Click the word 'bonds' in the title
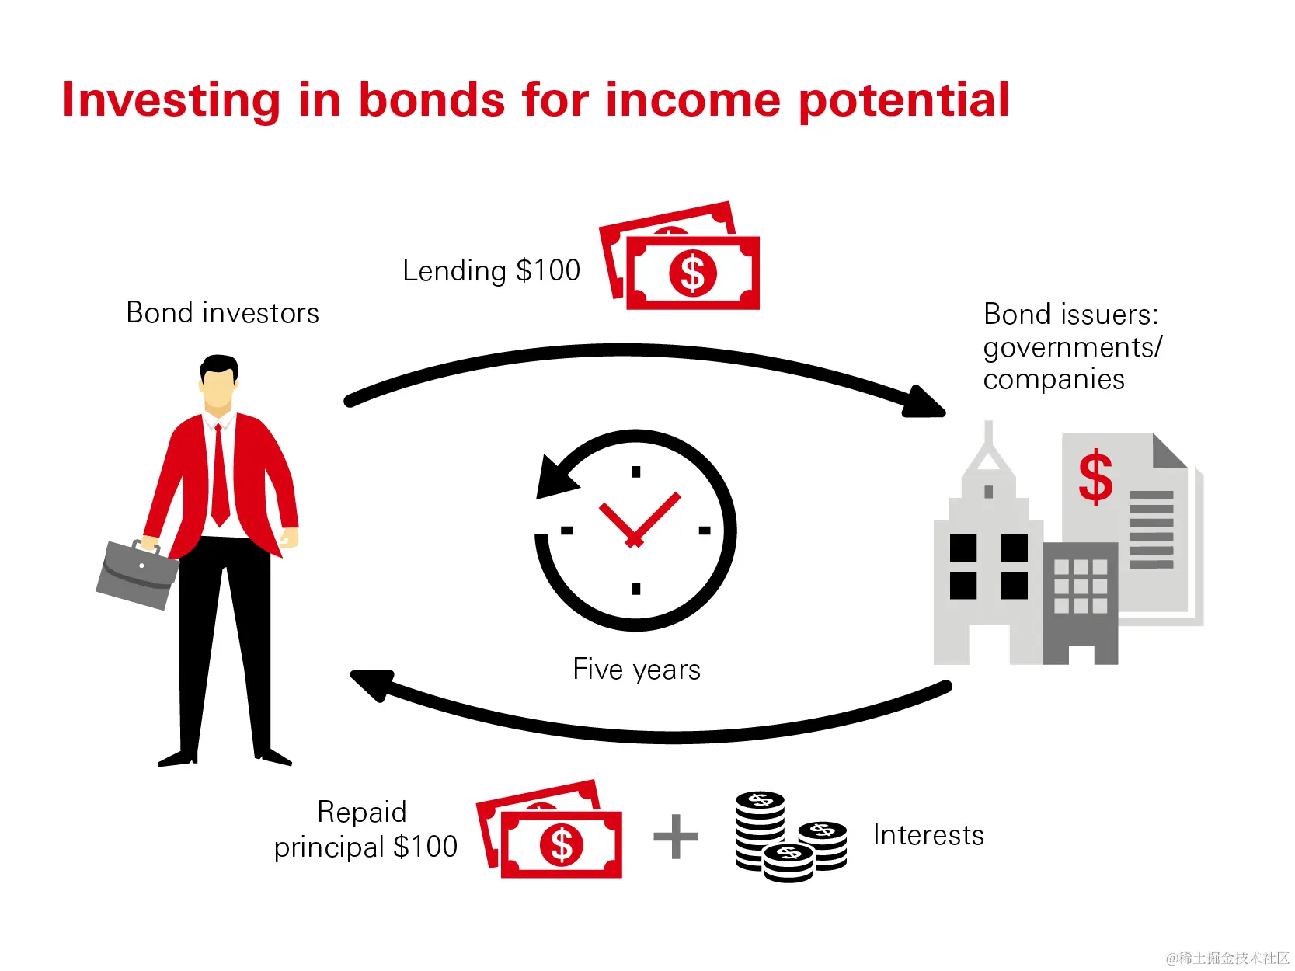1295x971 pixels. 431,99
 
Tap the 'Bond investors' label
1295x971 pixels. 222,312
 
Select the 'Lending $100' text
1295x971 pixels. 492,271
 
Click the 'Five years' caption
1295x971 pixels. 636,670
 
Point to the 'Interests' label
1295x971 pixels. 928,835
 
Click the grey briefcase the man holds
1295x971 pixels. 138,573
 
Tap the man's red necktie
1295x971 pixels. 220,475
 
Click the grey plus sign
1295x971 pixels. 676,837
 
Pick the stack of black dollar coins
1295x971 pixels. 791,837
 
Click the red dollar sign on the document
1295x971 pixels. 1095,477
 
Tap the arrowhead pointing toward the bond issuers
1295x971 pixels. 924,402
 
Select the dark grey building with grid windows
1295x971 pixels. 1081,603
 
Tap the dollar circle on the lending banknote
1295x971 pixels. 693,273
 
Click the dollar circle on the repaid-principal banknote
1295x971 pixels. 561,844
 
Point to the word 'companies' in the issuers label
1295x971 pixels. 1053,379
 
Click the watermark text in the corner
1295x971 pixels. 1227,958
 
